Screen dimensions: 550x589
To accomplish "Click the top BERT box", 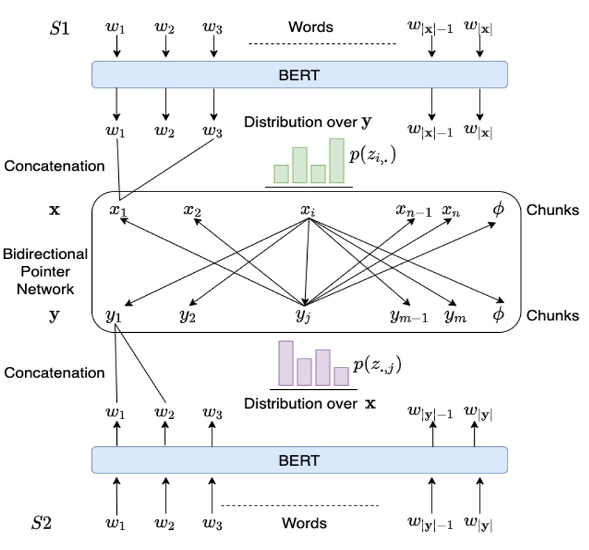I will click(x=299, y=74).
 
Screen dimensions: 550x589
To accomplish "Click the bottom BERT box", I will click(x=299, y=460).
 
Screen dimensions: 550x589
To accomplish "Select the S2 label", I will click(x=42, y=523).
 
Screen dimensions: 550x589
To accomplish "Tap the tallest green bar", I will click(x=336, y=161).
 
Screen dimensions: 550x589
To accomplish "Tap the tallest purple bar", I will click(x=285, y=363).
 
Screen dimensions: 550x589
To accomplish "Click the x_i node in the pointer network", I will click(x=307, y=210).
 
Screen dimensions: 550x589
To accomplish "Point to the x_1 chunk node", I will click(x=118, y=210).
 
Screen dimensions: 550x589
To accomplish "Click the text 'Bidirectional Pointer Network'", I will click(x=45, y=271).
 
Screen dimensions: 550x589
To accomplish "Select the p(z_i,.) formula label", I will click(x=372, y=156).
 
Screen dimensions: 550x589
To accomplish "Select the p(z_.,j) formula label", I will click(x=377, y=365).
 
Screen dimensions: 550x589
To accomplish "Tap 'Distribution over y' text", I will click(x=307, y=122).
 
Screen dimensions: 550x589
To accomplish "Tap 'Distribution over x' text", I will click(x=310, y=403).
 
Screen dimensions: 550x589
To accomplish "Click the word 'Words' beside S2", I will click(x=304, y=523).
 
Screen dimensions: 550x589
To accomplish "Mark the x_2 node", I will click(x=193, y=210).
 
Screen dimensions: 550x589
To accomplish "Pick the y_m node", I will click(x=455, y=315).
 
